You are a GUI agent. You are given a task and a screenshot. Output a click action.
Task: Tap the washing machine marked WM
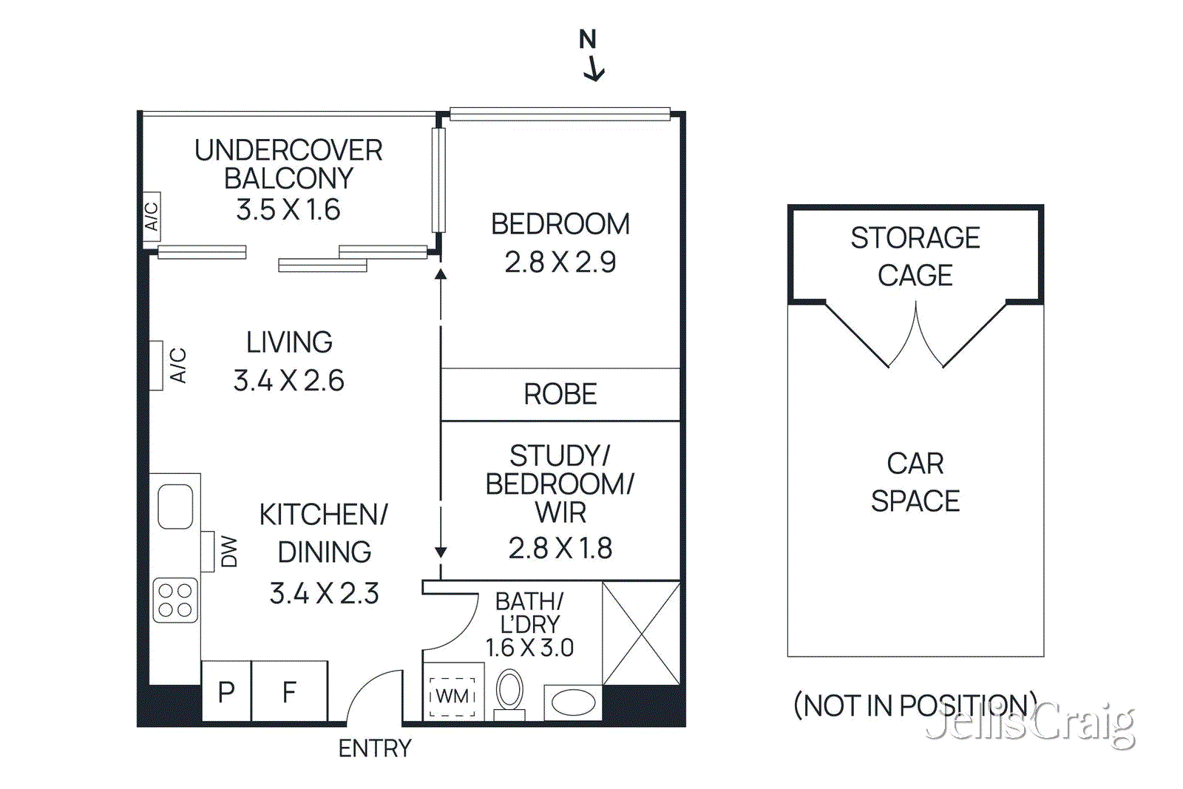pyautogui.click(x=452, y=697)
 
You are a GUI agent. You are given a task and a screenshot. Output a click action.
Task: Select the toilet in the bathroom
pyautogui.click(x=509, y=691)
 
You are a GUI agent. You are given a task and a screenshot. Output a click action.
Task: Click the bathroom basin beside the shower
pyautogui.click(x=573, y=702)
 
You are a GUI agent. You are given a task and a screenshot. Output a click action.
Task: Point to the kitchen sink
pyautogui.click(x=175, y=506)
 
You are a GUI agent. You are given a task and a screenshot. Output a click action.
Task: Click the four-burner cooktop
pyautogui.click(x=175, y=600)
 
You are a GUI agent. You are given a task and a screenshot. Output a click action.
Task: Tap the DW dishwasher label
pyautogui.click(x=228, y=552)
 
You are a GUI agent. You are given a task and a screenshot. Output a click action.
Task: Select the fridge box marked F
pyautogui.click(x=289, y=691)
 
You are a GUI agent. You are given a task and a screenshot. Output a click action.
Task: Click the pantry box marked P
pyautogui.click(x=226, y=691)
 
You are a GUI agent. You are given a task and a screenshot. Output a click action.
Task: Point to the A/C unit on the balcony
pyautogui.click(x=152, y=216)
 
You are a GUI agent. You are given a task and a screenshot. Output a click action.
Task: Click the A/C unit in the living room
pyautogui.click(x=157, y=365)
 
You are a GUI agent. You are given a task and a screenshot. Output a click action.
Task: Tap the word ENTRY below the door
pyautogui.click(x=374, y=748)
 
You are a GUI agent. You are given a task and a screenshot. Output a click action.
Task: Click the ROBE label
pyautogui.click(x=560, y=394)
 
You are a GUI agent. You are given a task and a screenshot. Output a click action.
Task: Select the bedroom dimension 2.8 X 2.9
pyautogui.click(x=560, y=262)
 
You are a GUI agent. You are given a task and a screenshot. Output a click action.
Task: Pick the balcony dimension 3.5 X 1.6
pyautogui.click(x=288, y=210)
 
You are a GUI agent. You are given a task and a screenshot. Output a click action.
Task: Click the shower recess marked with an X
pyautogui.click(x=640, y=633)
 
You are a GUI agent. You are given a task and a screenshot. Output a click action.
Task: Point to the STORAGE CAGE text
pyautogui.click(x=915, y=256)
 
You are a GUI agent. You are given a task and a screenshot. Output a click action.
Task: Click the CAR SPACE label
pyautogui.click(x=915, y=482)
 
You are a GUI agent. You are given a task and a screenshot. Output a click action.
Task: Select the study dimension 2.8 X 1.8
pyautogui.click(x=560, y=548)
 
